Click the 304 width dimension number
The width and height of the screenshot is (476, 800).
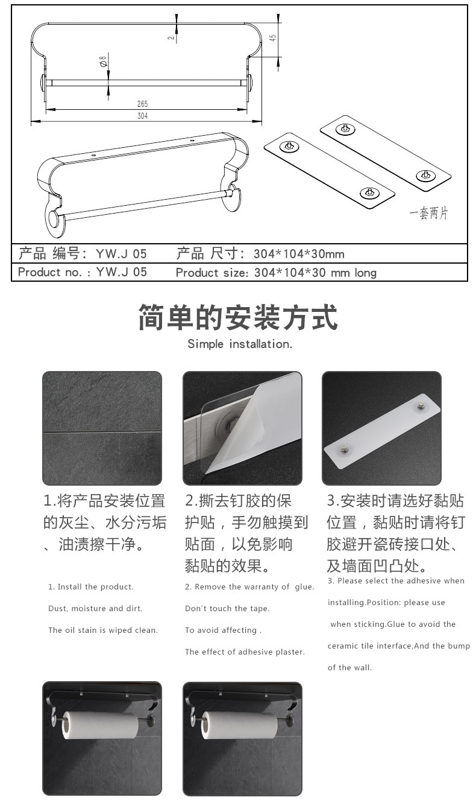point(142,116)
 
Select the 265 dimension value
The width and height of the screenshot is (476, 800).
point(142,104)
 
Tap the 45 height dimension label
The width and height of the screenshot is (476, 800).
point(273,37)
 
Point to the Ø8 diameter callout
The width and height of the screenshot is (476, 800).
point(103,61)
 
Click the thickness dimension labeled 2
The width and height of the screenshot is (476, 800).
point(171,37)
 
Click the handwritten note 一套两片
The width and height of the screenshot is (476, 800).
point(428,214)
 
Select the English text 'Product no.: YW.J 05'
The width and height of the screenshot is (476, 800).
point(83,272)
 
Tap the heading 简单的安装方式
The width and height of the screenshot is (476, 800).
point(238,317)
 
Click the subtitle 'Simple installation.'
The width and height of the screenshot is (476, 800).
point(240,344)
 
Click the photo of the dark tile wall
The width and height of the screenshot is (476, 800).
point(102,428)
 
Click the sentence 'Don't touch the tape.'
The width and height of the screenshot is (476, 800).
point(227,608)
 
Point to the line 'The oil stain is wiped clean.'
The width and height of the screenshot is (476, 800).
point(103,630)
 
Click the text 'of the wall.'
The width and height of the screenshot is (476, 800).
point(349,667)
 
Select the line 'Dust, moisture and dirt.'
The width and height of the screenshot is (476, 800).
point(95,608)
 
